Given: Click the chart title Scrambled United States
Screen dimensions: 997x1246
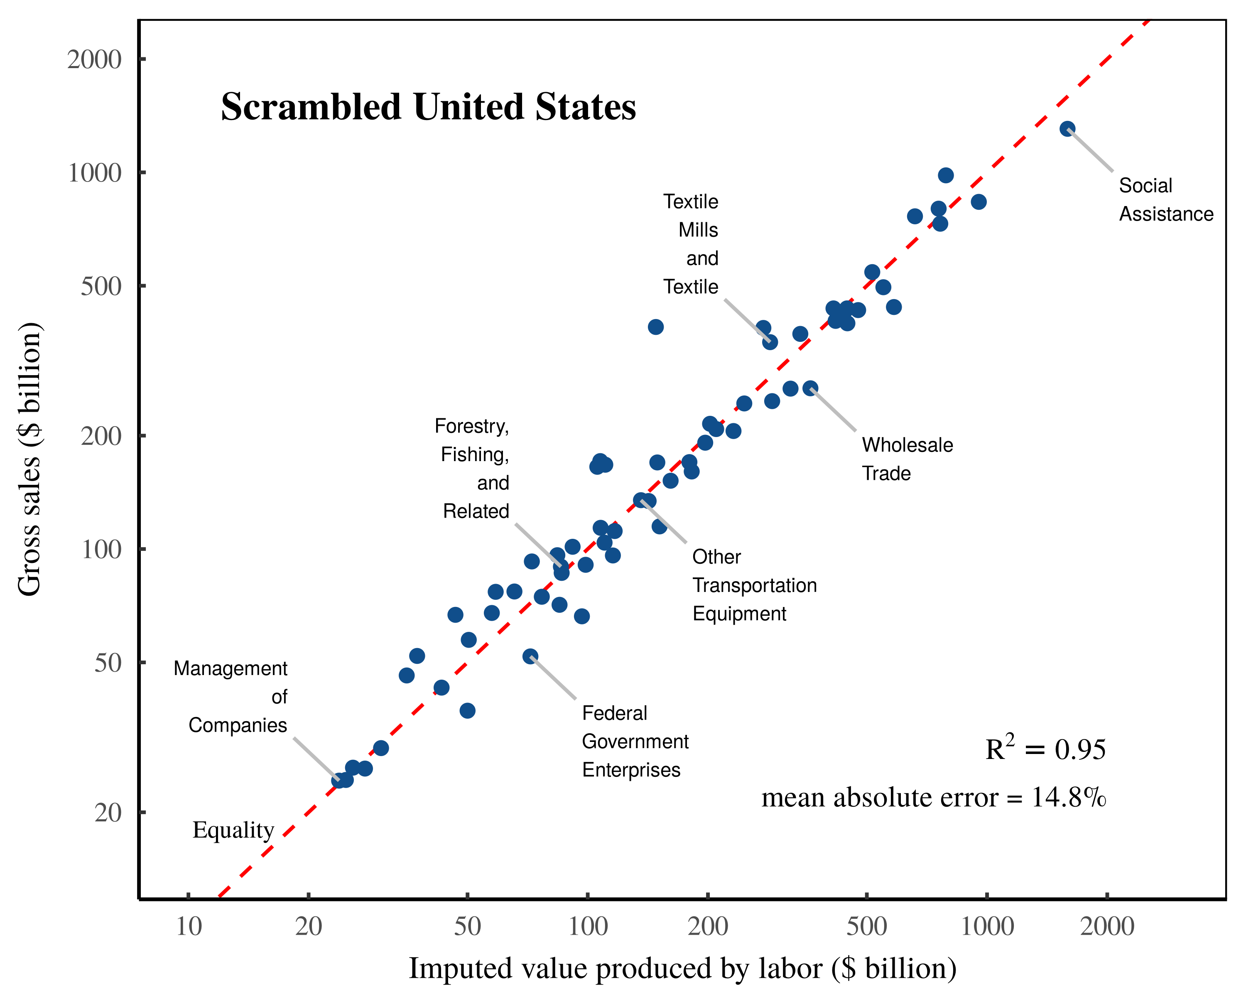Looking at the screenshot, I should [428, 108].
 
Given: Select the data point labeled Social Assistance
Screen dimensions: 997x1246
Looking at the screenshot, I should [1067, 129].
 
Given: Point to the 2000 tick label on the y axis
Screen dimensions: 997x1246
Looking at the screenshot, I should [94, 59].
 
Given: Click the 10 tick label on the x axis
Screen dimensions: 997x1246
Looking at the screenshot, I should [189, 926].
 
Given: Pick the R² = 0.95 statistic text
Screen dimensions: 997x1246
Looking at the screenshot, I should [1045, 749].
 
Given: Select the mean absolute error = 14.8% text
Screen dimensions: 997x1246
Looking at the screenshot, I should [933, 798].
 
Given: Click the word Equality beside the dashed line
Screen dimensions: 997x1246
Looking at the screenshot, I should [233, 830].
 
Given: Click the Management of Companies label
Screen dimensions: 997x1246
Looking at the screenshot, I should [231, 697].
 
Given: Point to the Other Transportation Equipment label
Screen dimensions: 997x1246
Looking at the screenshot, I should [754, 585].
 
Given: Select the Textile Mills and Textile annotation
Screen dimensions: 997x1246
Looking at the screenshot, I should [691, 244].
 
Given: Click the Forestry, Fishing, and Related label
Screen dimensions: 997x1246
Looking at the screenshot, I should [473, 468].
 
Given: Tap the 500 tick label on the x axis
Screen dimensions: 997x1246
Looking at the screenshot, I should [866, 926].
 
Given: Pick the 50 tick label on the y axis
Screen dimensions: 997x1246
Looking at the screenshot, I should [108, 663].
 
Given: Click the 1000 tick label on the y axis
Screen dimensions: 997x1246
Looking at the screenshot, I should [94, 173].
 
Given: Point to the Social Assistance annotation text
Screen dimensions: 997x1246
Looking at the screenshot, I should [1166, 199].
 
